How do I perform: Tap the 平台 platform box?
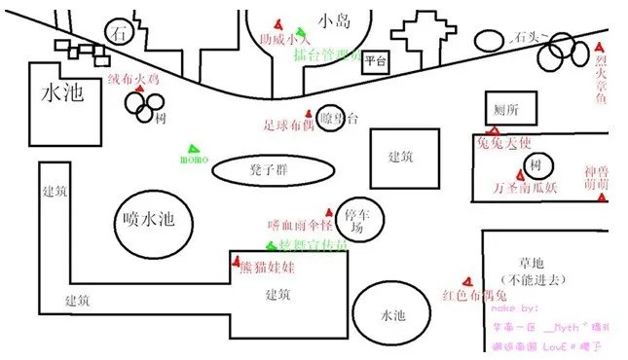[x=375, y=63]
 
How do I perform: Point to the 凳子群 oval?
[x=267, y=169]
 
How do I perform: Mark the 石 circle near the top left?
[x=120, y=32]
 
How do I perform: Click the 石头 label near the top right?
[x=527, y=37]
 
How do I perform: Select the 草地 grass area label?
[x=531, y=262]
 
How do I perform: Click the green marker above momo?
[x=189, y=142]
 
